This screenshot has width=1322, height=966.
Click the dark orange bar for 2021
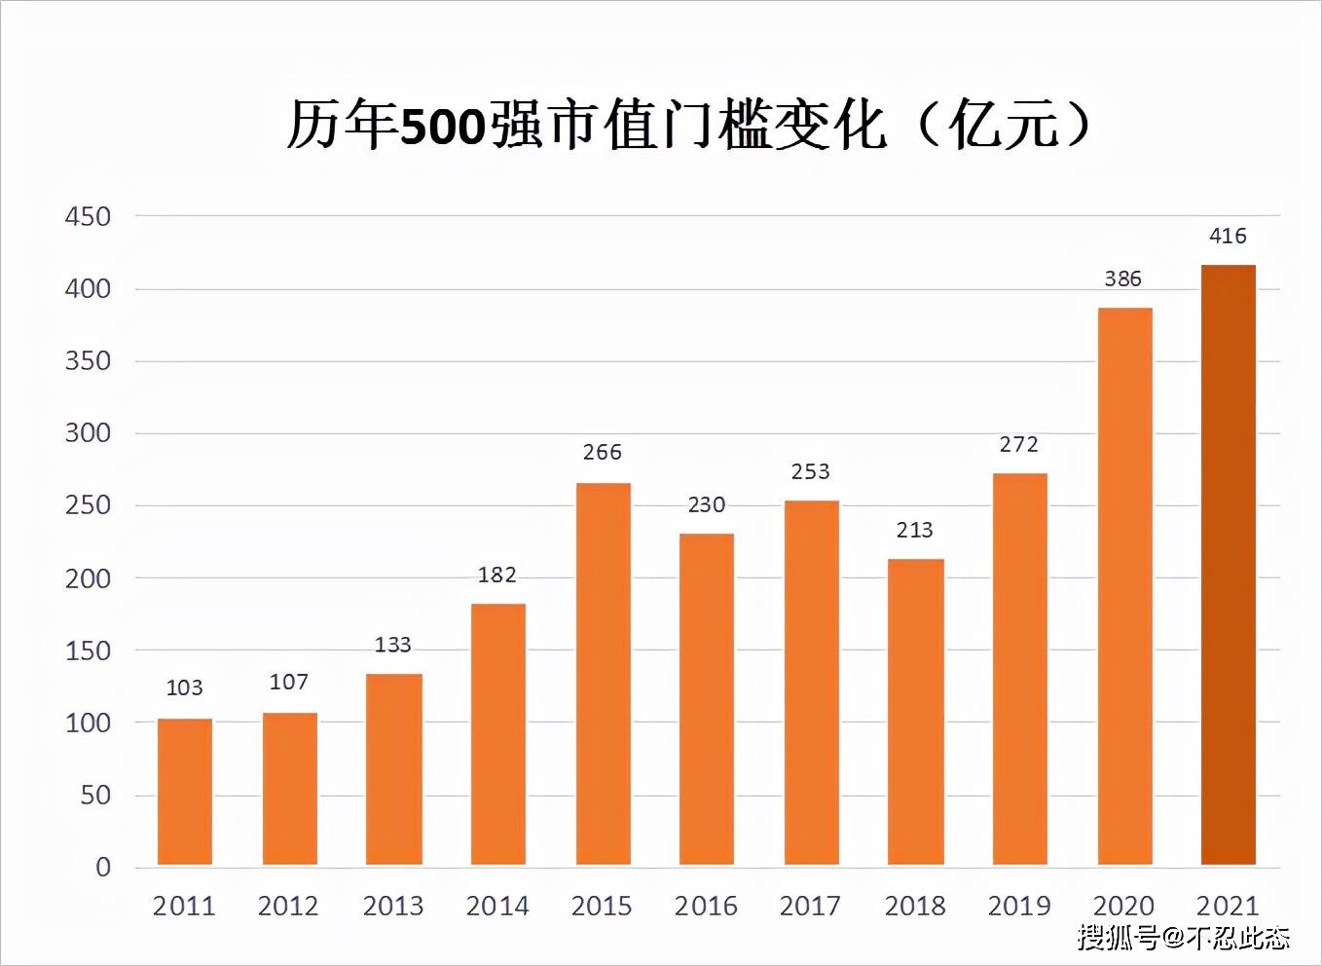[1228, 565]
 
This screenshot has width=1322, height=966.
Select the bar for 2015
[603, 674]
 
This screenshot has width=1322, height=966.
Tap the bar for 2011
[185, 792]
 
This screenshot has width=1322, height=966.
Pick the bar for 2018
[915, 712]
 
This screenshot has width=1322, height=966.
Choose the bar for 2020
[1124, 586]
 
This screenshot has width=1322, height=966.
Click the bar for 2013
[393, 769]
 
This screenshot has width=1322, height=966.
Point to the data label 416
[1228, 236]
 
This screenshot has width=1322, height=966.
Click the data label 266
[603, 452]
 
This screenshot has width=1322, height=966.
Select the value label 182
[496, 575]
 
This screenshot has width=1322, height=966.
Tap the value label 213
[915, 530]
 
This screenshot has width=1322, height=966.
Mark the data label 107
[289, 682]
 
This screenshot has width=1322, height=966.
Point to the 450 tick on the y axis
[88, 216]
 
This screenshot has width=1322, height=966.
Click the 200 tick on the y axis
[88, 578]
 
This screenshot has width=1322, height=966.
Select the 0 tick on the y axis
[103, 867]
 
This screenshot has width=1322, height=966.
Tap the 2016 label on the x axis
[706, 906]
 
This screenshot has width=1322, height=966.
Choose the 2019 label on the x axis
[1019, 906]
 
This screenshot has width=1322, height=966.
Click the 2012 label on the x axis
[288, 906]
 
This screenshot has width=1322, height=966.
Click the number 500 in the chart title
[443, 127]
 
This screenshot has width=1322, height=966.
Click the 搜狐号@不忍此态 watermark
[1183, 937]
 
